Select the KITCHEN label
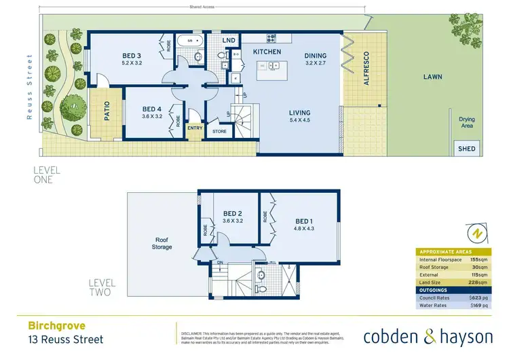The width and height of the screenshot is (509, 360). pyautogui.click(x=267, y=52)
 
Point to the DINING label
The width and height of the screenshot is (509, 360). pyautogui.click(x=316, y=56)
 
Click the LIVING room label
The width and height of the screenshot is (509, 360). pyautogui.click(x=299, y=113)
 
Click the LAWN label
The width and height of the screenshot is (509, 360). pyautogui.click(x=432, y=77)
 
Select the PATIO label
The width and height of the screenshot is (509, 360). pyautogui.click(x=107, y=111)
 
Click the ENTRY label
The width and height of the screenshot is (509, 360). pyautogui.click(x=195, y=128)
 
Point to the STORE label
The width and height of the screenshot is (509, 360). pyautogui.click(x=219, y=132)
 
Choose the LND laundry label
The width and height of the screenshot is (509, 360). pyautogui.click(x=229, y=41)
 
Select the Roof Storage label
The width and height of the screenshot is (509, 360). pyautogui.click(x=162, y=243)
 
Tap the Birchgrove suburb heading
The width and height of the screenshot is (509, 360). pyautogui.click(x=50, y=325)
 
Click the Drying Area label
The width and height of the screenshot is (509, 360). pyautogui.click(x=466, y=123)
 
